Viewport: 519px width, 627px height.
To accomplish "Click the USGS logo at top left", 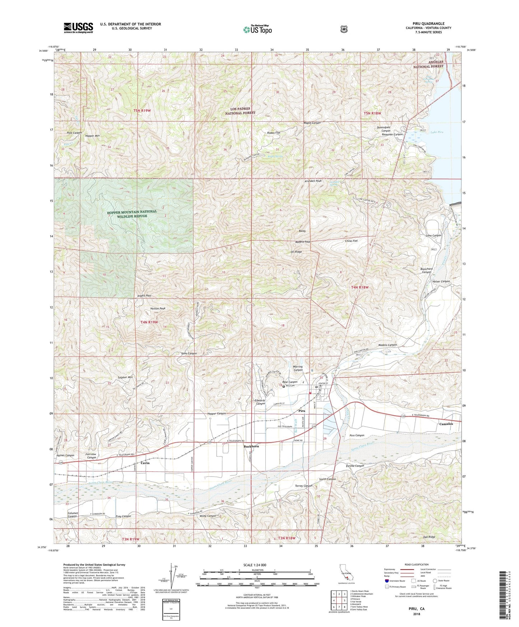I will pyautogui.click(x=78, y=28).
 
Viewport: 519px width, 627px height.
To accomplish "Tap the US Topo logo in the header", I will pyautogui.click(x=257, y=29).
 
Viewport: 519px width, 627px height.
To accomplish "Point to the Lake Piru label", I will pyautogui.click(x=436, y=132).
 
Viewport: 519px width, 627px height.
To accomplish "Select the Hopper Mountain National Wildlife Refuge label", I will pyautogui.click(x=132, y=214).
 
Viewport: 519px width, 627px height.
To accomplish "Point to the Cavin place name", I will pyautogui.click(x=145, y=463).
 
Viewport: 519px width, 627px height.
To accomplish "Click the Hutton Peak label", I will pyautogui.click(x=158, y=308).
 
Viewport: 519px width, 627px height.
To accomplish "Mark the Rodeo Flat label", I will pyautogui.click(x=274, y=133).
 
